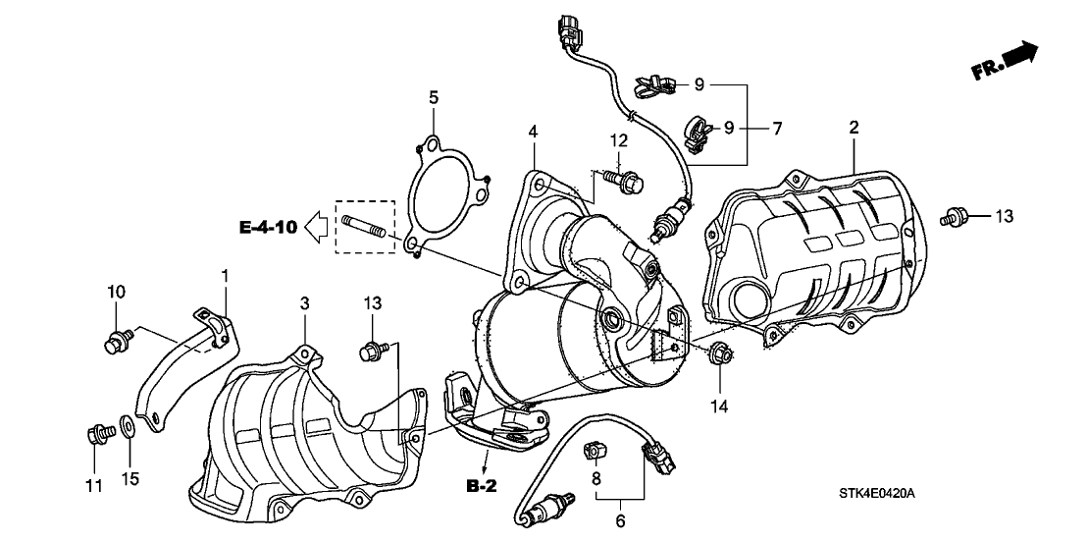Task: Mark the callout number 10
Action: (x=116, y=292)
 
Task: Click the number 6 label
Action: (x=620, y=522)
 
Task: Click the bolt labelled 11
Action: (x=97, y=431)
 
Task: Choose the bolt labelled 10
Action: (x=115, y=342)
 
